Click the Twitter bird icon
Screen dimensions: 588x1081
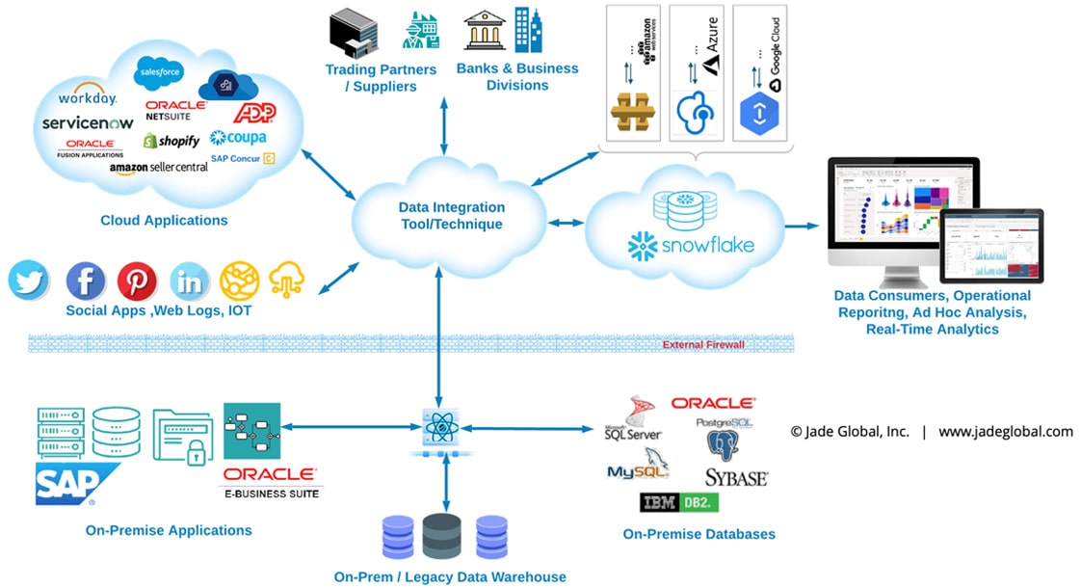[29, 281]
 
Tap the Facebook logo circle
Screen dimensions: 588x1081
[85, 281]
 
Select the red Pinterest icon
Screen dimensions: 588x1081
[137, 281]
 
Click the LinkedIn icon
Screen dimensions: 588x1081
[189, 281]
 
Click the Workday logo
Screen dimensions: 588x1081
[87, 97]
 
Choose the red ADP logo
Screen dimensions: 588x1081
[254, 113]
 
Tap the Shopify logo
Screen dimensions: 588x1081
[171, 141]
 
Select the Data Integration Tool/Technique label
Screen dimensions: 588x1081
[451, 216]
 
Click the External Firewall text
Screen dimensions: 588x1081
[703, 344]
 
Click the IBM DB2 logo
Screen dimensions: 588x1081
[679, 502]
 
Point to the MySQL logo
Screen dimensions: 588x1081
[637, 469]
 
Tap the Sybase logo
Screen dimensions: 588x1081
[736, 477]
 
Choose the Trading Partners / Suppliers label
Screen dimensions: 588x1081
[381, 78]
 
